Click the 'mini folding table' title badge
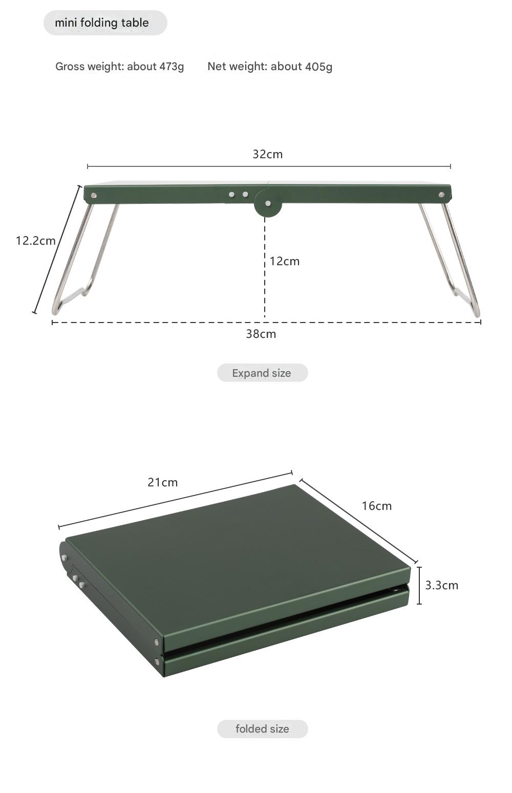[x=105, y=23]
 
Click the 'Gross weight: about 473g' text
[x=120, y=67]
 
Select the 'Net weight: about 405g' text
[x=270, y=67]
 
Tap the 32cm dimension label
[x=268, y=155]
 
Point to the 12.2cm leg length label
[x=36, y=241]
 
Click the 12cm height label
[x=285, y=261]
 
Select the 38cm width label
[x=261, y=334]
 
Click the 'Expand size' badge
[x=262, y=373]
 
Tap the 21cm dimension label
[x=162, y=483]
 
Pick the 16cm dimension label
[x=377, y=506]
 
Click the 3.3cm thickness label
[x=441, y=585]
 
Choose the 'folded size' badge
[x=262, y=728]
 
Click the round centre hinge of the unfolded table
[x=268, y=203]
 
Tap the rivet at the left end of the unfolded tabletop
[x=94, y=195]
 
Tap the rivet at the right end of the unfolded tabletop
[x=441, y=195]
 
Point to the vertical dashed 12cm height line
[x=265, y=267]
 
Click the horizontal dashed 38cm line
[x=266, y=322]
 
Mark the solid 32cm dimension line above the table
[x=269, y=166]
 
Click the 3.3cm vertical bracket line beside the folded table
[x=419, y=586]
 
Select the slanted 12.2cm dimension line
[x=57, y=250]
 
